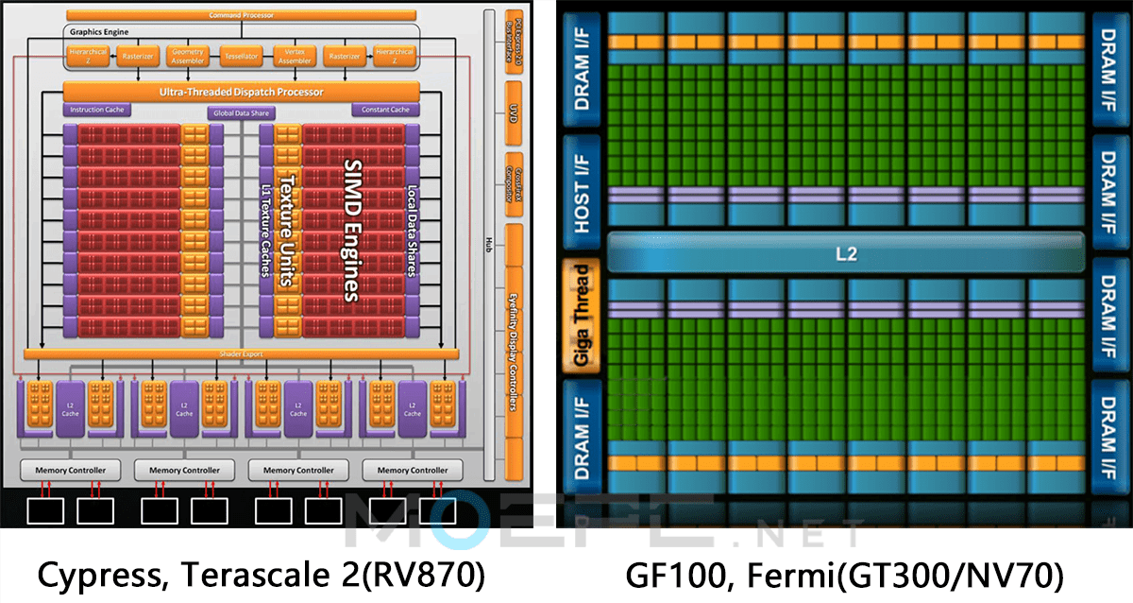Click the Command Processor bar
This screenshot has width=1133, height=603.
coord(242,15)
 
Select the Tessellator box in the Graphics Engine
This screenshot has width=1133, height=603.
coord(242,56)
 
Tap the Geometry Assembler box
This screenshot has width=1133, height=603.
coord(187,56)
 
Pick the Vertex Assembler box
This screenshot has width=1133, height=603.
coord(295,56)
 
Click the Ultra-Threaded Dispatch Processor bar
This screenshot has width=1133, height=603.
coord(242,92)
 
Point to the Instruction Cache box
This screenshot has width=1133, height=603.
coord(94,111)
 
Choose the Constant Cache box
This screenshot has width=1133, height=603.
coord(386,111)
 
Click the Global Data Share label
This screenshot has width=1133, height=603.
coord(241,113)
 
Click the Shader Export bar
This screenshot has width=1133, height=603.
coord(242,353)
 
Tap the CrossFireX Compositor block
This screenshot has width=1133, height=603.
coord(514,176)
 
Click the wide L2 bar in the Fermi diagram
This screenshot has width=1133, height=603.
coord(846,254)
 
